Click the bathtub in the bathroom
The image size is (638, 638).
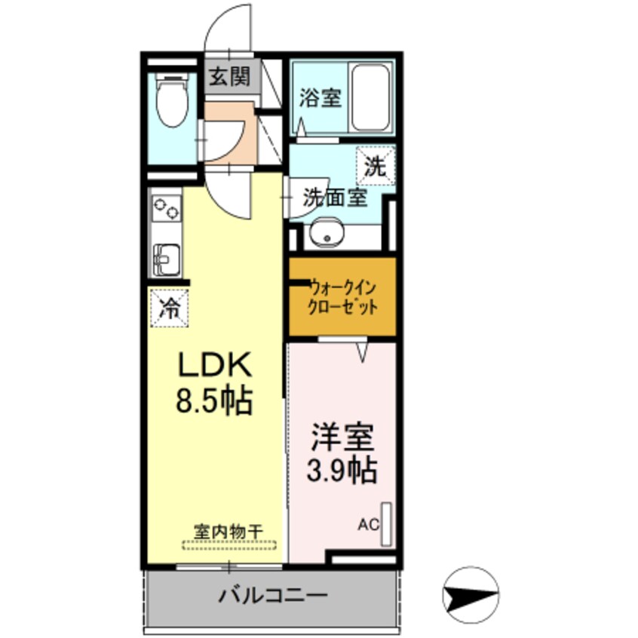pos(370,98)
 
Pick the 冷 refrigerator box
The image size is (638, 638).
pos(170,308)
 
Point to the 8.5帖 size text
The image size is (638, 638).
pos(213,400)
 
